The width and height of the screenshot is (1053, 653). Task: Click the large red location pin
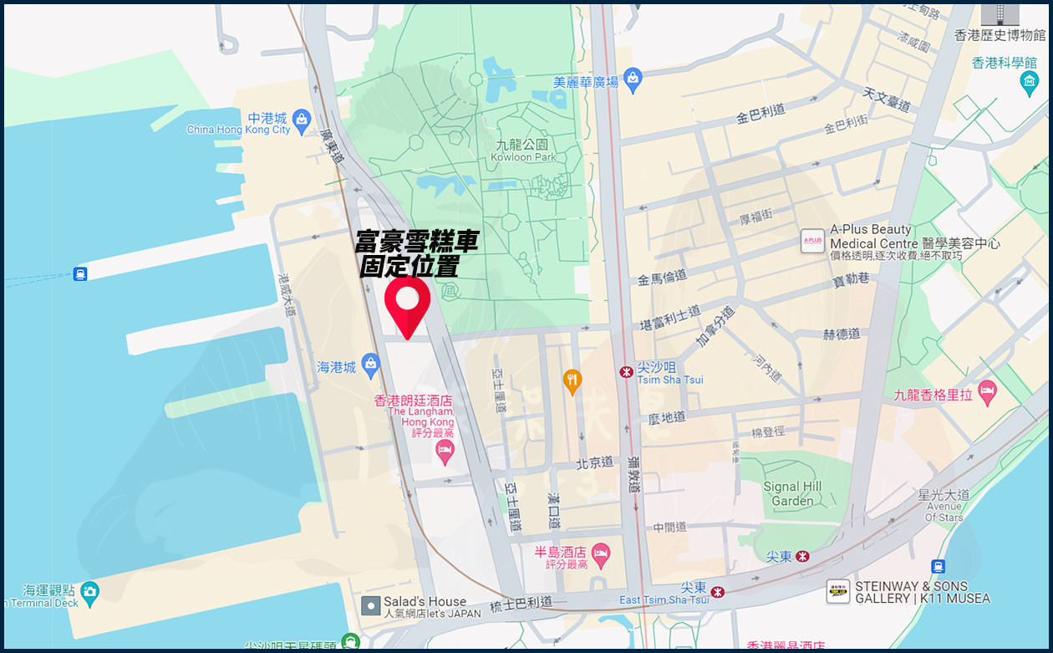pos(407,303)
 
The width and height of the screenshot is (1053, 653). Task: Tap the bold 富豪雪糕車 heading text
pos(416,242)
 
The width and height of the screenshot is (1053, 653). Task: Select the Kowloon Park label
pos(523,150)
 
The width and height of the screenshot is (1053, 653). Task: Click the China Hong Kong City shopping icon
pos(302,120)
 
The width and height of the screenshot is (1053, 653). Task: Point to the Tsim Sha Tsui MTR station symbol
pos(626,372)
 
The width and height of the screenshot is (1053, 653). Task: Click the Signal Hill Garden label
pos(792,493)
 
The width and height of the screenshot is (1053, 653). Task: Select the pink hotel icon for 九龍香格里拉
pos(988,391)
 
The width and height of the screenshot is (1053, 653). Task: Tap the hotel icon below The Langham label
pos(445,452)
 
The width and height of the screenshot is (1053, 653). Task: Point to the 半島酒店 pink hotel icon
pos(600,553)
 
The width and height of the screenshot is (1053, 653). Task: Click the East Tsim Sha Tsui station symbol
pos(718,592)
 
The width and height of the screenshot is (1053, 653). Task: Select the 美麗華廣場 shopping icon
pos(633,79)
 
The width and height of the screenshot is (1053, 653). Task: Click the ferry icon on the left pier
pos(80,273)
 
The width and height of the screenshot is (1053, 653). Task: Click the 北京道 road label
pos(594,462)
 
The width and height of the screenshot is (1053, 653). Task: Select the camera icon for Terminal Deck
pos(89,592)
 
